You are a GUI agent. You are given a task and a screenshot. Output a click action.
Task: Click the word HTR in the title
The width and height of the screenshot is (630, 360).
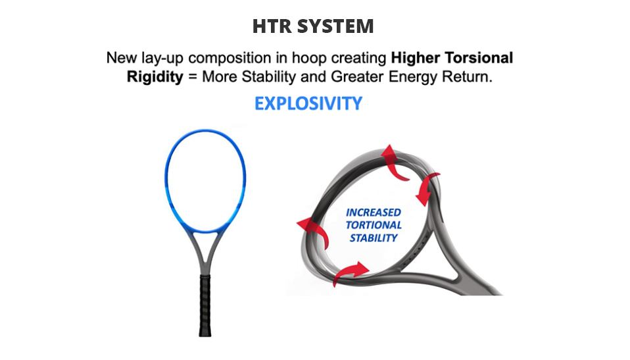(272, 26)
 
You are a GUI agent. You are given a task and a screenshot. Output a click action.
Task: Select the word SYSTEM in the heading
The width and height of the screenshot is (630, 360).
(335, 26)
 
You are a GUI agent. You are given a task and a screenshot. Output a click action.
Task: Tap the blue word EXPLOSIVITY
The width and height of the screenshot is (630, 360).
(308, 103)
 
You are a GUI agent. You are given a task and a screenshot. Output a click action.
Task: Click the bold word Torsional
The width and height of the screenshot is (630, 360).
(479, 57)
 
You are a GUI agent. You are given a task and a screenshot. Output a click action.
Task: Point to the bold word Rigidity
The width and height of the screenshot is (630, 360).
(155, 76)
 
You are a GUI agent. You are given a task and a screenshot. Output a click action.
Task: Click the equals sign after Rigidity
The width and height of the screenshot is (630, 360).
(193, 76)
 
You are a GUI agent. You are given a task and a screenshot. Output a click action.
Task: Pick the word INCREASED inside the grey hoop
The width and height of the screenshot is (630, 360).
(374, 213)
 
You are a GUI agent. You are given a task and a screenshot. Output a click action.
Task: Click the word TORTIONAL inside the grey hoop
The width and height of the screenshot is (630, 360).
(374, 225)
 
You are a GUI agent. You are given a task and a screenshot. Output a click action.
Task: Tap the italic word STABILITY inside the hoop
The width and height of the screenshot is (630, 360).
(374, 238)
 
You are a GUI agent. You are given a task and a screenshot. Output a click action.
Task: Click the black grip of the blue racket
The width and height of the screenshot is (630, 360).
(205, 305)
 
